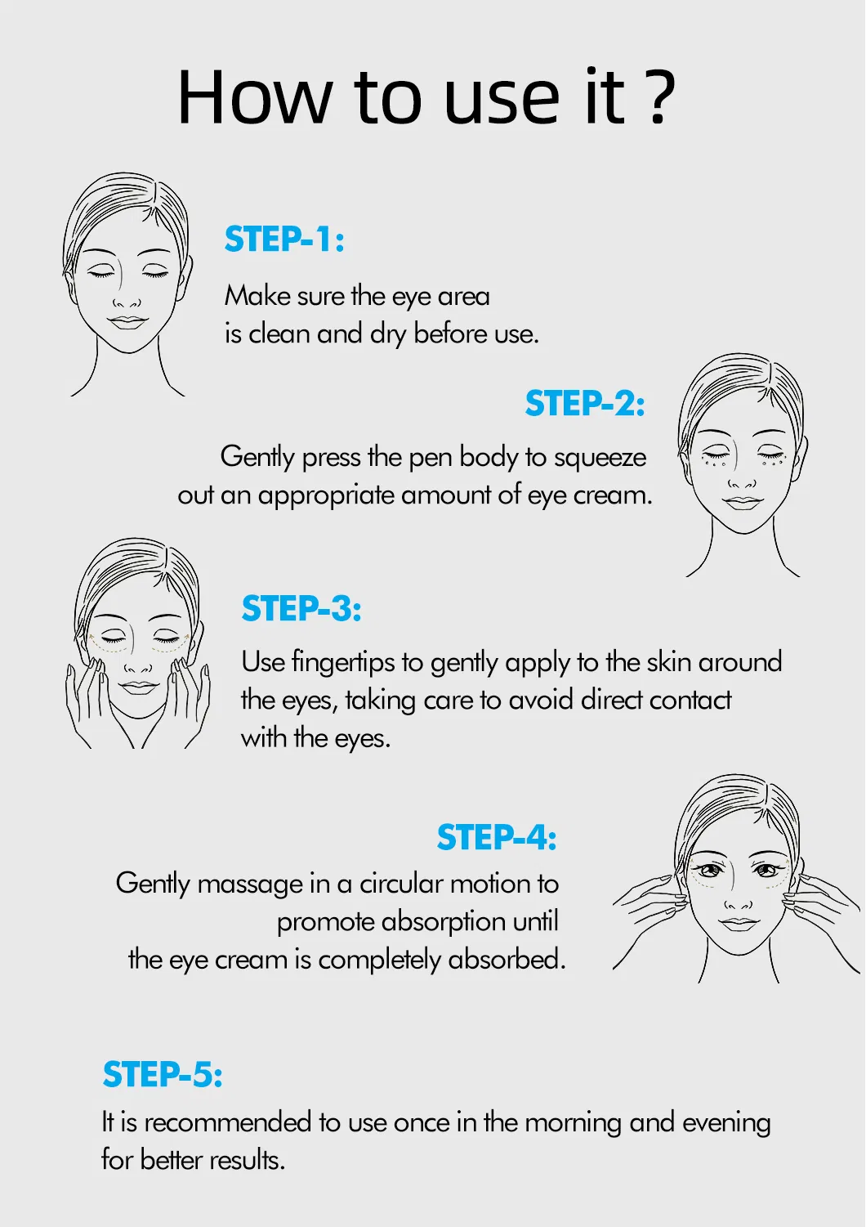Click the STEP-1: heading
284,240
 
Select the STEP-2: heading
585,404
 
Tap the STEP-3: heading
301,609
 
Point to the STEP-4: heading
497,838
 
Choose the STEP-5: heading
163,1075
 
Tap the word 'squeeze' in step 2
600,458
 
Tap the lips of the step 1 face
127,322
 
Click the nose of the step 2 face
742,483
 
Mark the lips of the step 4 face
739,924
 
